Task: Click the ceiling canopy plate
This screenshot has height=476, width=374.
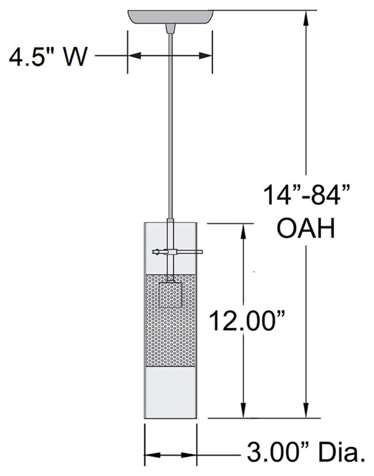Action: tap(171, 17)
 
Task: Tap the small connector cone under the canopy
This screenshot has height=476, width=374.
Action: tap(170, 28)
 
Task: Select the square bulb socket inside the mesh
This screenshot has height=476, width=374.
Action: tap(171, 295)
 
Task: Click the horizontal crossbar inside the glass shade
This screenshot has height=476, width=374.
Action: tap(177, 251)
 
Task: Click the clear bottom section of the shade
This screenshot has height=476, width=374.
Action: tap(171, 392)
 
